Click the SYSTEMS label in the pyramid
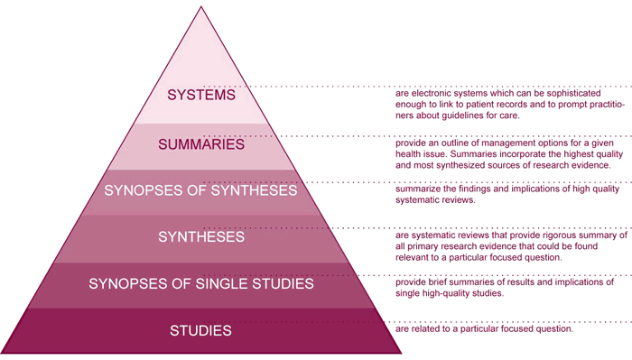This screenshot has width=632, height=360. (201, 94)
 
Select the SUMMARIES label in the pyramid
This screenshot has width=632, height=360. (201, 143)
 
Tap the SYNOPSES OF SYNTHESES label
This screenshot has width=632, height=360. (201, 190)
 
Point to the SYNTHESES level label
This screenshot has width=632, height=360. (201, 237)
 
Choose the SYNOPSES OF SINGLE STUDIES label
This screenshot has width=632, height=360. (201, 284)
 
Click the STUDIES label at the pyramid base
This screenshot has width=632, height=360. (201, 331)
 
